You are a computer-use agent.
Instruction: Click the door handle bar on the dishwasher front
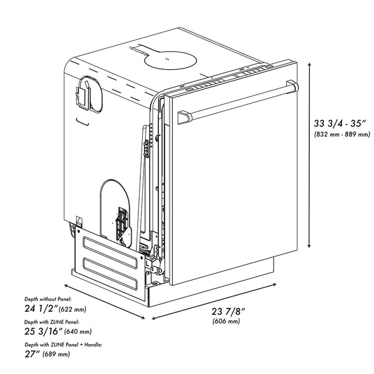237,100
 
